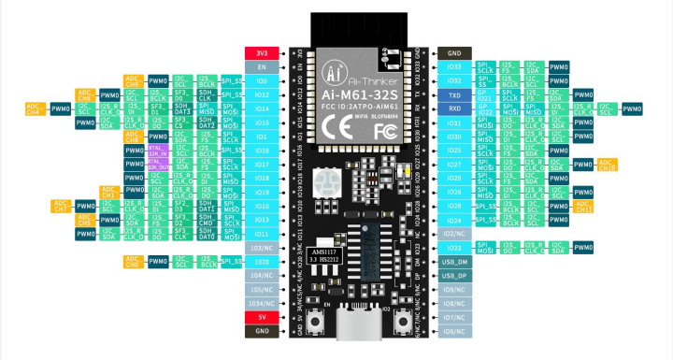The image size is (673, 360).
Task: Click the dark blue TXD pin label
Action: point(454,95)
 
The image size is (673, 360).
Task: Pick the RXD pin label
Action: point(454,109)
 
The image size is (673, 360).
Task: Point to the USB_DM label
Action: point(454,262)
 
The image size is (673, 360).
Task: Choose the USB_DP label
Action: point(454,276)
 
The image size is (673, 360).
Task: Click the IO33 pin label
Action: point(454,67)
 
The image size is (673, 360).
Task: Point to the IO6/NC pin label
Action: point(454,331)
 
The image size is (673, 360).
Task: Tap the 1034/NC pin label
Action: point(261,303)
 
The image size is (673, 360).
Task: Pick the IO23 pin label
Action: point(454,248)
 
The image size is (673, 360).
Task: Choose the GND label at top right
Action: point(454,53)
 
